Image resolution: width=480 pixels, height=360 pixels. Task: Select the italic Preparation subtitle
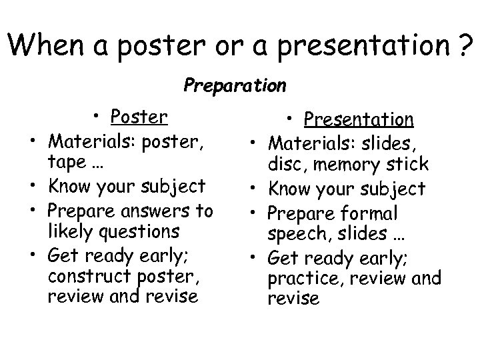(x=235, y=86)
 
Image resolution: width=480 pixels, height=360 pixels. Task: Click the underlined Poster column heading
(x=139, y=117)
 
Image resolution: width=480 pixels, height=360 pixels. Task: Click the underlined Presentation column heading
(x=359, y=119)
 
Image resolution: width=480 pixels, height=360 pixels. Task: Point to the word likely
(x=70, y=231)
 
